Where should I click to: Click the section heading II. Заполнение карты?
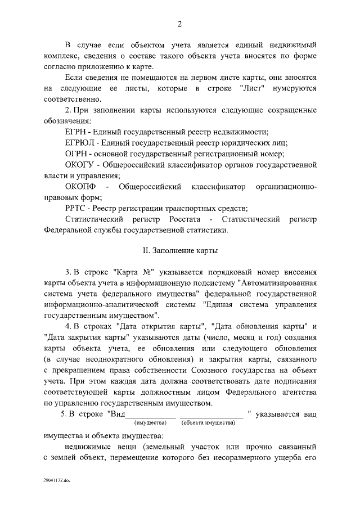[x=179, y=249]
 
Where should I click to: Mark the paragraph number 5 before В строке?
[x=64, y=415]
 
